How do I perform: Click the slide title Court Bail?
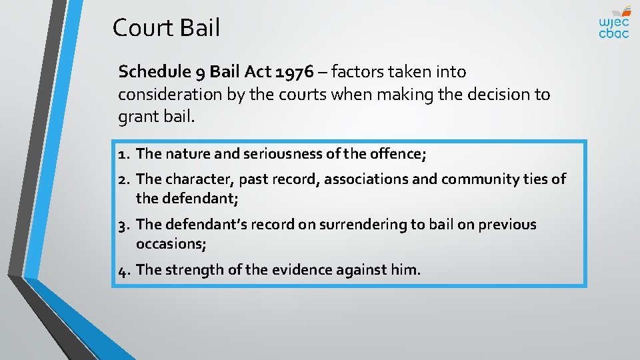coord(166,28)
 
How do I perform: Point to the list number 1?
coord(122,154)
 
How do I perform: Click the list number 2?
coord(123,179)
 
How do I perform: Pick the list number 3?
coord(123,225)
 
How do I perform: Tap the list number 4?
coord(123,270)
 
